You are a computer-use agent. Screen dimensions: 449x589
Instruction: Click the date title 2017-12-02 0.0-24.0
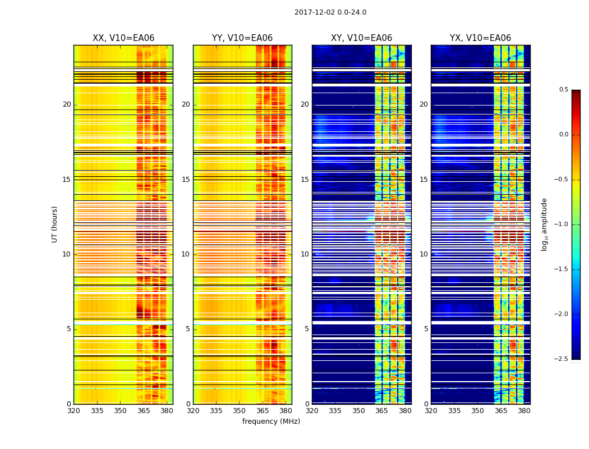[330, 12]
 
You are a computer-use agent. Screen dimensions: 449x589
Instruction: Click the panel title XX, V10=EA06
[123, 38]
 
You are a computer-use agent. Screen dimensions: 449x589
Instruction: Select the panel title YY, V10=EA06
[242, 38]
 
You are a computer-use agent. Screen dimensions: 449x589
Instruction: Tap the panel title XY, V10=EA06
[361, 38]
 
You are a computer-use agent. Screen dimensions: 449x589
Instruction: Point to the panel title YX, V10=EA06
[480, 38]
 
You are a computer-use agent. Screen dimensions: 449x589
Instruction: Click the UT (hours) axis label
[55, 224]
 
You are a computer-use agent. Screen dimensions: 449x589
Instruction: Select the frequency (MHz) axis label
[271, 421]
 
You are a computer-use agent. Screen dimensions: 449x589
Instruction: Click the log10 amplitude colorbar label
[544, 224]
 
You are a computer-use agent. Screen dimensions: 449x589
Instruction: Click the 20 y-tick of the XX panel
[67, 104]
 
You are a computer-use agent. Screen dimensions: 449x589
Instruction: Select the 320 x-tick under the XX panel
[73, 410]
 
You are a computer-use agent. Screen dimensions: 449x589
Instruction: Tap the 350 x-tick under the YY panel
[240, 410]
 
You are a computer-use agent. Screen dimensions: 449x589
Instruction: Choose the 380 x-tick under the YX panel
[524, 410]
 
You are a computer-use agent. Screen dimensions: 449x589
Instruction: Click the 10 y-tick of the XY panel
[305, 254]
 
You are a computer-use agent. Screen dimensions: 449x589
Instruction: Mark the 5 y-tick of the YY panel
[188, 329]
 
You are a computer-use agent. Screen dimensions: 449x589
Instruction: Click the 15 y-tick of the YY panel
[186, 180]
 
